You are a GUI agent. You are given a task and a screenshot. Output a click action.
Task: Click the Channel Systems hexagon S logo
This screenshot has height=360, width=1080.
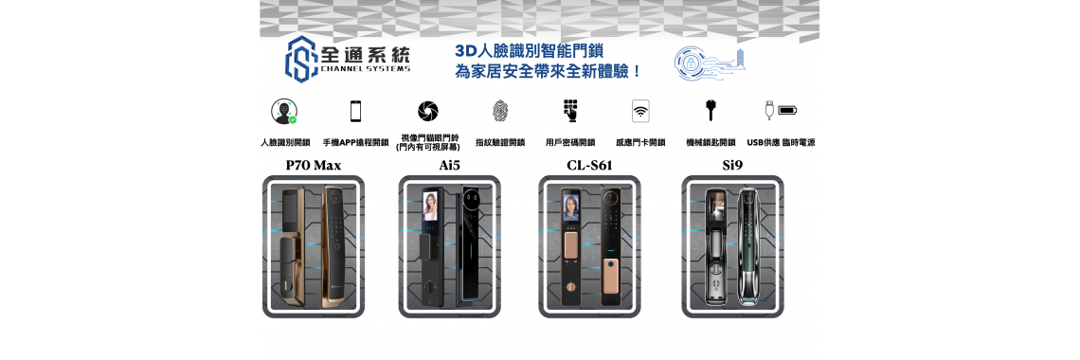(x=301, y=59)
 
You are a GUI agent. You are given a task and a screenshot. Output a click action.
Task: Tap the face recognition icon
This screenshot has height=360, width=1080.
(x=284, y=111)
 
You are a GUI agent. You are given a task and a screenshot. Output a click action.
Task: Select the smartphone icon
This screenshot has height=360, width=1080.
(x=356, y=111)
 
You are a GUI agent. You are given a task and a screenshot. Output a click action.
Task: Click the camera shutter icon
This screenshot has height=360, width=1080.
(x=428, y=111)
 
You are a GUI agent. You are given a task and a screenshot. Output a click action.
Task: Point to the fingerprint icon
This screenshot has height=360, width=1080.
(x=499, y=111)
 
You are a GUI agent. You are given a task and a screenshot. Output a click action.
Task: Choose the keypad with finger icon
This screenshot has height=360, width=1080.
(x=570, y=111)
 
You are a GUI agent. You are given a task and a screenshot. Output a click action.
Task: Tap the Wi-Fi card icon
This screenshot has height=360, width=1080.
(x=640, y=111)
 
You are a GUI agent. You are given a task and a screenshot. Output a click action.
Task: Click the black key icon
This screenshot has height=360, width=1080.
(x=711, y=111)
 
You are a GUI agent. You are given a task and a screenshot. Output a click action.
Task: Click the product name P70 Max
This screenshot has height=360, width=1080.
(x=314, y=165)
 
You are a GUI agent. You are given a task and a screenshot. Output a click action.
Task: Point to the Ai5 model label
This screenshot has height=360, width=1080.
(x=449, y=165)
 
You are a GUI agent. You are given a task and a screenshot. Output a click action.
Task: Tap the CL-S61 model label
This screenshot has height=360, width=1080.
(x=589, y=165)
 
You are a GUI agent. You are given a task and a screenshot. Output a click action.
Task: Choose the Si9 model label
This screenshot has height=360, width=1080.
(x=732, y=165)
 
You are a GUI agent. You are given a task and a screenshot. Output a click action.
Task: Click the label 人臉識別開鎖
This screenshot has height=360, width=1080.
(x=285, y=142)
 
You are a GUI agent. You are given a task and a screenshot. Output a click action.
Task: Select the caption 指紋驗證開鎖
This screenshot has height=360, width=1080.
(x=500, y=142)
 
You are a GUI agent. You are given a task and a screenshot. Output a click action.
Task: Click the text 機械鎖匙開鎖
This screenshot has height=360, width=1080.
(x=711, y=142)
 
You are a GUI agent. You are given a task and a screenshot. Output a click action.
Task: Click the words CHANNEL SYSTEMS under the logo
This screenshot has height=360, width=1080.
(x=366, y=69)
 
